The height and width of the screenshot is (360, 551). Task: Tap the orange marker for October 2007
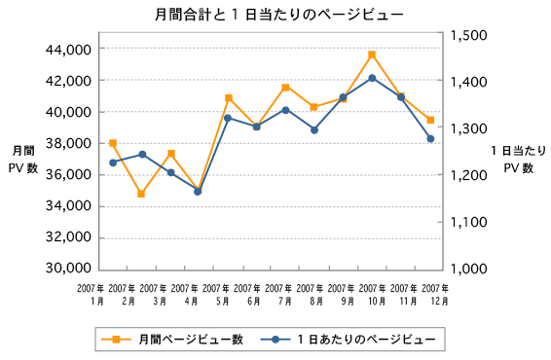(x=372, y=54)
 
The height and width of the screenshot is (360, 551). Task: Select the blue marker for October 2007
(x=372, y=78)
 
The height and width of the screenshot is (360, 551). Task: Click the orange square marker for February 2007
(x=141, y=194)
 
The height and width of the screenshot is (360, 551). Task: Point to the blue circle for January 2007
(x=113, y=162)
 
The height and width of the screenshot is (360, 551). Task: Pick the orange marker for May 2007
(x=228, y=98)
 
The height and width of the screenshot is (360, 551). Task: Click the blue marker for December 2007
(x=430, y=139)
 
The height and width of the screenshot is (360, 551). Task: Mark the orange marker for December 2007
(x=430, y=120)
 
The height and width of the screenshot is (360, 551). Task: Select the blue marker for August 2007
(x=314, y=129)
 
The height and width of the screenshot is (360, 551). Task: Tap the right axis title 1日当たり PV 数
(x=517, y=160)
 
